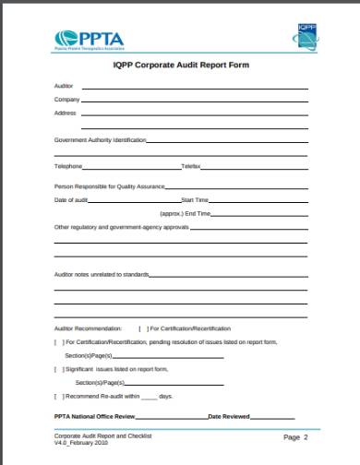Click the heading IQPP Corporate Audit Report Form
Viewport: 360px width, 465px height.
181,66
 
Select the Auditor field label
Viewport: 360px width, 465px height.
63,86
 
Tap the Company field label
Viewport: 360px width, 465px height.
66,99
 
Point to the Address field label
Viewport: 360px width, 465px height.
65,113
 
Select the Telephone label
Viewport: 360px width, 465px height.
68,166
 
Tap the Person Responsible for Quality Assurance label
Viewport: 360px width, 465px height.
110,186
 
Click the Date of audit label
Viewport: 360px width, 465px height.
71,199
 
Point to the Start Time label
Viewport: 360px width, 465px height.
195,199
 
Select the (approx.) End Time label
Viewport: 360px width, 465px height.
185,213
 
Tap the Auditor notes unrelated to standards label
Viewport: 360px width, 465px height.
101,274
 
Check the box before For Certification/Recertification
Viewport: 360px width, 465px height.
141,328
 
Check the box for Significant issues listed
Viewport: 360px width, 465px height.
58,368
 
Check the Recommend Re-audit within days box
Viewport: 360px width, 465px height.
58,396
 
